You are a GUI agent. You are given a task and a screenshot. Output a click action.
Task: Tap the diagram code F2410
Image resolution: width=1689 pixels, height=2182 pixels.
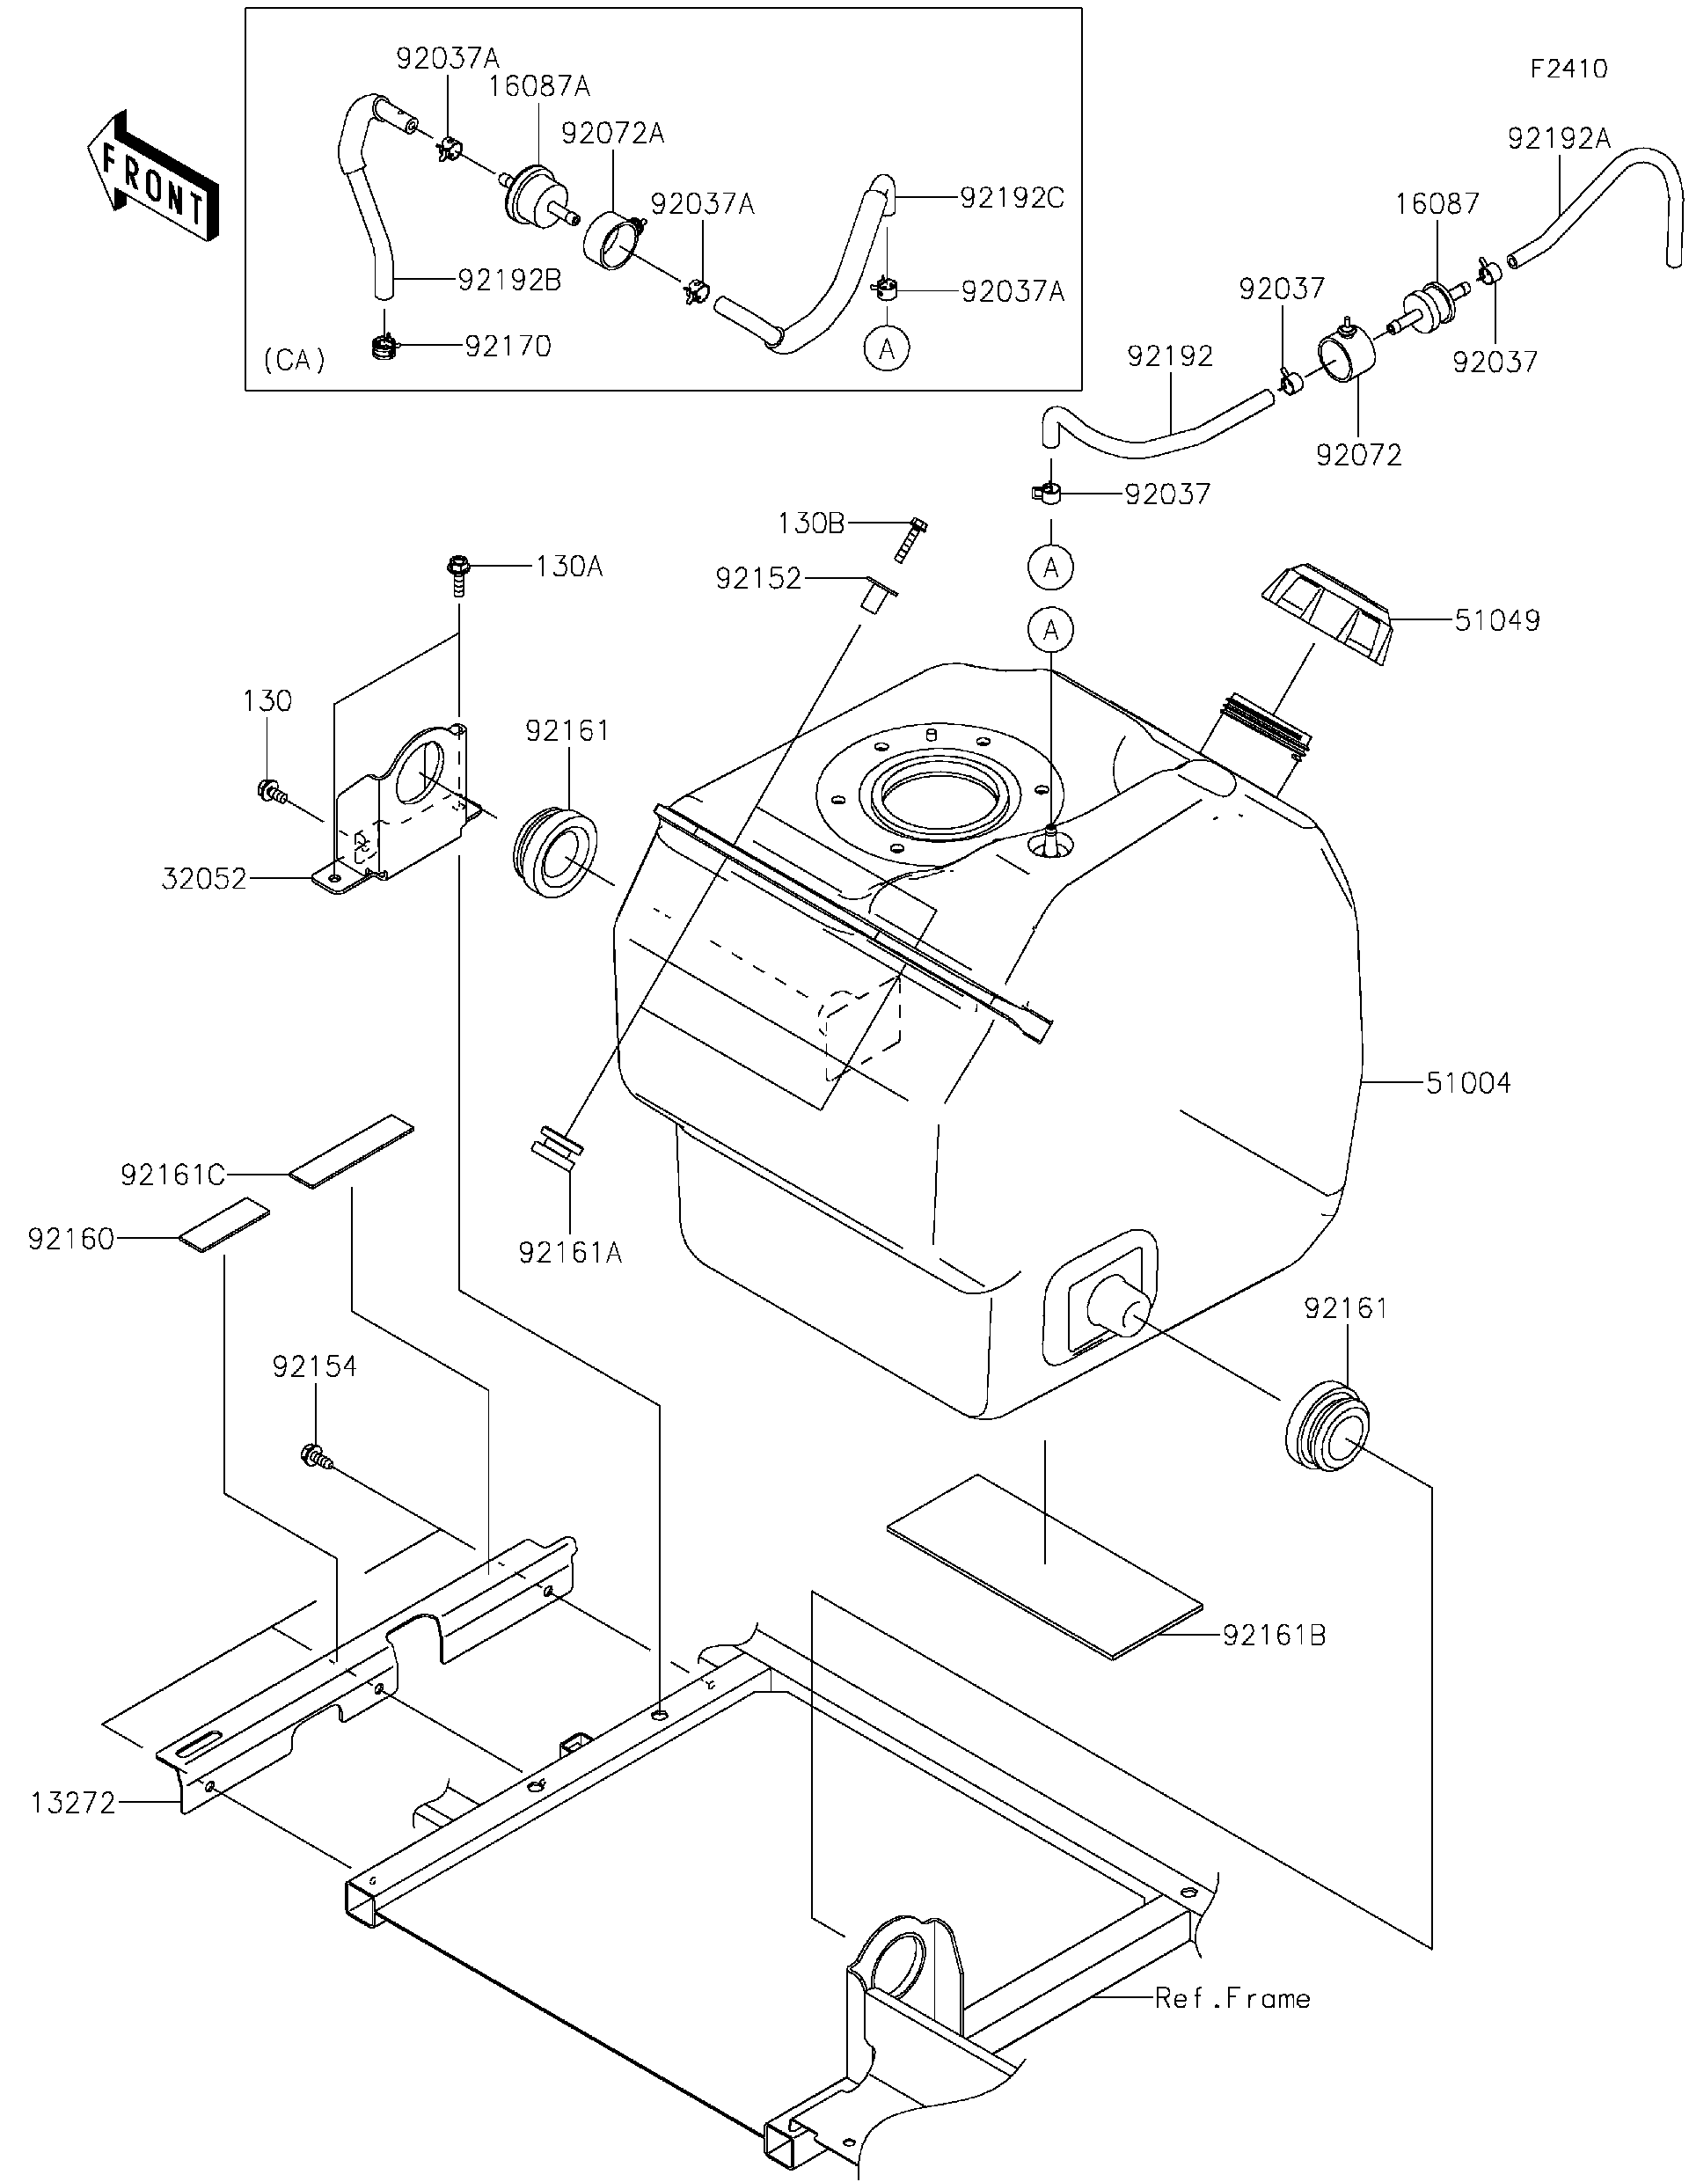(x=1568, y=69)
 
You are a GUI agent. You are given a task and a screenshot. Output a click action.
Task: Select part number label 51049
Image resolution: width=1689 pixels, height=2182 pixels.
(x=1496, y=620)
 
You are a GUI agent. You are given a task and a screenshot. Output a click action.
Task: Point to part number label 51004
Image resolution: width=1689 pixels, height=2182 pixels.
(x=1467, y=1083)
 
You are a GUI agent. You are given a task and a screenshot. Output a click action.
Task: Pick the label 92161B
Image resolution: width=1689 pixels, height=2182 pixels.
(x=1274, y=1636)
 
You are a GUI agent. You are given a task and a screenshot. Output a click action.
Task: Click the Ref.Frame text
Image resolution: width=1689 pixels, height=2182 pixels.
(x=1232, y=1998)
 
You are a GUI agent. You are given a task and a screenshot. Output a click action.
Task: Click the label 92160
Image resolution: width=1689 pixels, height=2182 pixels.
(x=71, y=1240)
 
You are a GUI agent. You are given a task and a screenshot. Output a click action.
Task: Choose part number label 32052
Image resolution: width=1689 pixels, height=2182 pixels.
(x=204, y=879)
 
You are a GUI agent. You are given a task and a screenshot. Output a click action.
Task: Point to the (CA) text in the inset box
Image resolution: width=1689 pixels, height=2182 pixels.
(x=295, y=360)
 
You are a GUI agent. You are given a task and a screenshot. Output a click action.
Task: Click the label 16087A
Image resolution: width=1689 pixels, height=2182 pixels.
(x=538, y=87)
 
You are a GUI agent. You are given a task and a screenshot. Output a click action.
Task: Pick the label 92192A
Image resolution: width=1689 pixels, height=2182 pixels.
(x=1558, y=139)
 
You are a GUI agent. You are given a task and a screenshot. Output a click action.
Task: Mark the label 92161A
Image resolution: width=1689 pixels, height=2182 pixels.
(x=570, y=1252)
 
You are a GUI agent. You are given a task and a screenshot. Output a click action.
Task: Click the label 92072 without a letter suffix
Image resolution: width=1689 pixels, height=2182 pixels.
(x=1358, y=456)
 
